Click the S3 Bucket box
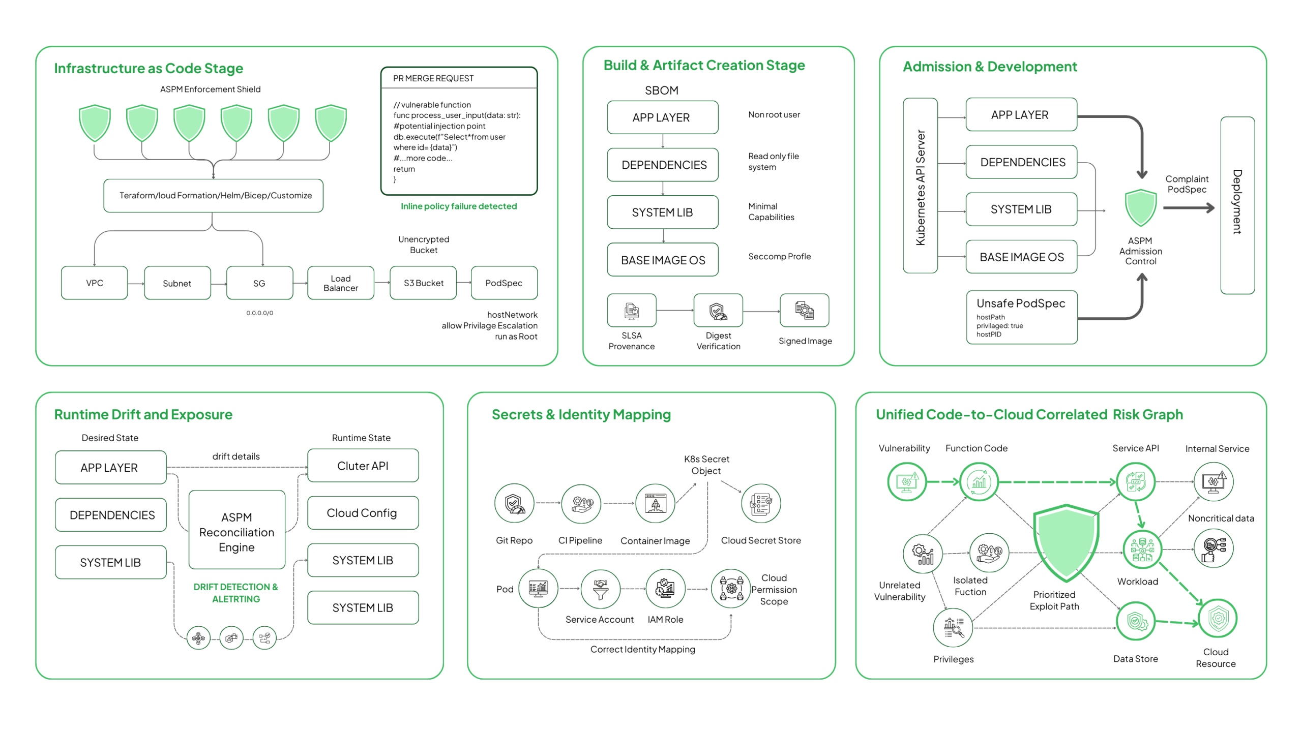pyautogui.click(x=423, y=283)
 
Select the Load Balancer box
pyautogui.click(x=340, y=283)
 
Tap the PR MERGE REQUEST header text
pyautogui.click(x=433, y=78)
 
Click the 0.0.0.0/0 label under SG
pyautogui.click(x=259, y=313)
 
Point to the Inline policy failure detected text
pyautogui.click(x=458, y=206)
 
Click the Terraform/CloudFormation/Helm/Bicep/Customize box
pyautogui.click(x=213, y=195)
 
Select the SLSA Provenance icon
pyautogui.click(x=631, y=310)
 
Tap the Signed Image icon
pyautogui.click(x=804, y=310)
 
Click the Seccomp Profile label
pyautogui.click(x=779, y=256)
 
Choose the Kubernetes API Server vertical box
pyautogui.click(x=920, y=186)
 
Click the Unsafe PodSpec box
pyautogui.click(x=1021, y=317)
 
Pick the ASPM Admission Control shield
pyautogui.click(x=1140, y=207)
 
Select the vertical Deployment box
pyautogui.click(x=1236, y=205)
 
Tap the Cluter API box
pyautogui.click(x=362, y=465)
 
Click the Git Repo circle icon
pyautogui.click(x=514, y=503)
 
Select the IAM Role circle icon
pyautogui.click(x=665, y=588)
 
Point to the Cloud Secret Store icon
pyautogui.click(x=760, y=503)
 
